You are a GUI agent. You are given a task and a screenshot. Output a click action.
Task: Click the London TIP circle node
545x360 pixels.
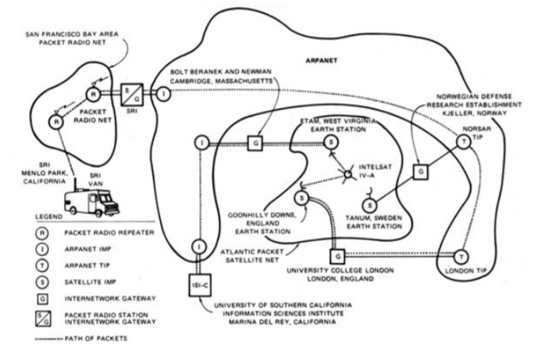pyautogui.click(x=461, y=257)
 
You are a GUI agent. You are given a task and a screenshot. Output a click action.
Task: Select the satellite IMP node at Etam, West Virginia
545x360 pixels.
pyautogui.click(x=332, y=142)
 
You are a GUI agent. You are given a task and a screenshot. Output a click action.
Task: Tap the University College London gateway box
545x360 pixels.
pyautogui.click(x=338, y=256)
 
